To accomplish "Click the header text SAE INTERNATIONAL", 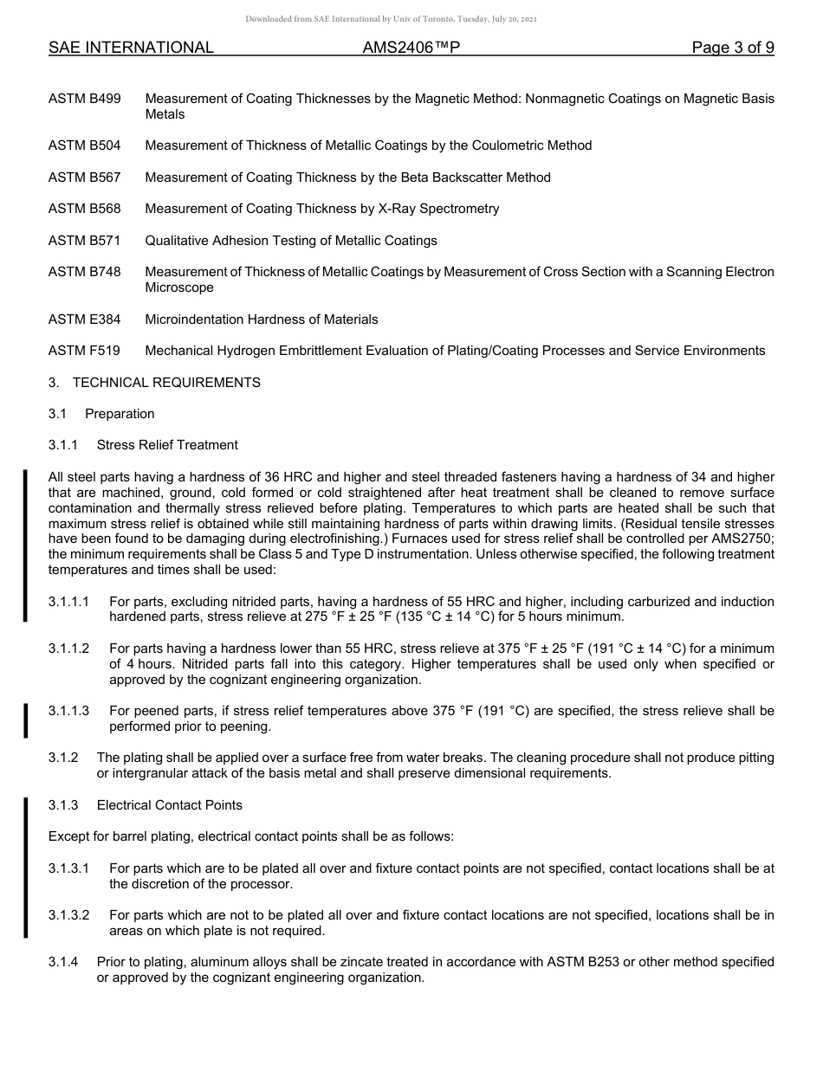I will coord(131,48).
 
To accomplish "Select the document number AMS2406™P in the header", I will coord(411,48).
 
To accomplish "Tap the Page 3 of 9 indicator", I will coord(732,48).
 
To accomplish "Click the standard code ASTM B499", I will coord(84,100).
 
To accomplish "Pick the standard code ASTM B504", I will coord(84,145).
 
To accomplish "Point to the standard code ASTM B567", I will coord(84,177).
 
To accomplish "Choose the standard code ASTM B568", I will coord(84,209).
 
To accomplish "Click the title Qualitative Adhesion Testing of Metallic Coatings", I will coord(291,241).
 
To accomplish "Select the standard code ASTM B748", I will coord(84,272).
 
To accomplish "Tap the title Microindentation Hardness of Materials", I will coord(262,319).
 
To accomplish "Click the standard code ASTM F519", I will coord(84,351).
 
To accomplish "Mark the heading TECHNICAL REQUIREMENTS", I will coord(166,382).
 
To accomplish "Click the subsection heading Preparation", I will coord(120,414).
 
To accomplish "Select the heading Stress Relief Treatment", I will coord(167,445).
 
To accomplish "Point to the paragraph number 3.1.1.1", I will coord(68,602).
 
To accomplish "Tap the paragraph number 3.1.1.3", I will coord(68,711).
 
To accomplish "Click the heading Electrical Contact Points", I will coord(170,805).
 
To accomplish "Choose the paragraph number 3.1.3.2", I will coord(68,915).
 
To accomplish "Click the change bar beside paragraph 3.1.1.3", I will coord(26,720).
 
